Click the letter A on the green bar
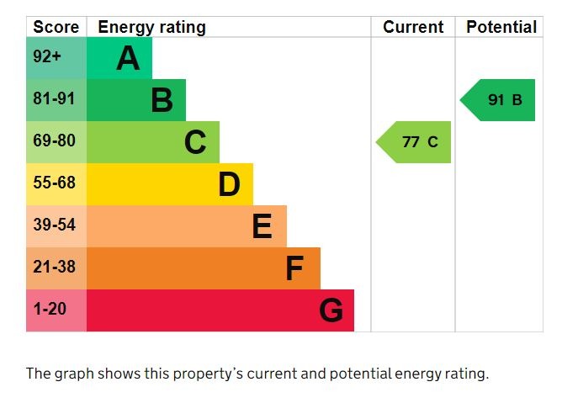click(128, 59)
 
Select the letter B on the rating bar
click(162, 101)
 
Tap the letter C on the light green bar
click(195, 143)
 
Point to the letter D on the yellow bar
click(229, 185)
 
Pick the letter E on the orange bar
click(262, 227)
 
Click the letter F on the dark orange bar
click(294, 269)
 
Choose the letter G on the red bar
click(331, 311)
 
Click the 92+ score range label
click(47, 58)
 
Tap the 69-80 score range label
click(54, 141)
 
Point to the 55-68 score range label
click(54, 183)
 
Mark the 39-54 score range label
click(54, 225)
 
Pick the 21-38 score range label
click(54, 268)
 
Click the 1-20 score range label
click(50, 310)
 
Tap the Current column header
click(413, 27)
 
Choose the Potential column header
click(501, 27)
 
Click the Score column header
click(56, 27)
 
